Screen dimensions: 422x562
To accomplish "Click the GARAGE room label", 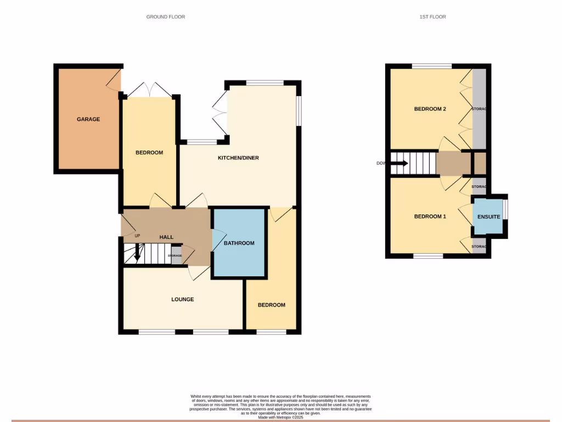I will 88,119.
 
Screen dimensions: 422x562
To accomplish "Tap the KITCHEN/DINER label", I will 238,158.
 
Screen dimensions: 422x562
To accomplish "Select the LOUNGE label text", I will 182,299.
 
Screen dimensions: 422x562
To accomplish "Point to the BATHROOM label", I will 239,243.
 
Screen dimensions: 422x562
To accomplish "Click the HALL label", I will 166,237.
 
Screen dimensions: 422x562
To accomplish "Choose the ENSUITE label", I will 488,217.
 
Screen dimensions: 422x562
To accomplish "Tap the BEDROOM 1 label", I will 430,216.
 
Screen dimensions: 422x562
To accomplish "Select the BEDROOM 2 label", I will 430,109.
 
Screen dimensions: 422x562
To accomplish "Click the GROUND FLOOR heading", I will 165,17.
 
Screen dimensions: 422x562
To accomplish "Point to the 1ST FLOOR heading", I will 432,17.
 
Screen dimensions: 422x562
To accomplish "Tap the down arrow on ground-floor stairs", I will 137,254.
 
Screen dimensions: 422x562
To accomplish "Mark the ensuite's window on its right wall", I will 506,209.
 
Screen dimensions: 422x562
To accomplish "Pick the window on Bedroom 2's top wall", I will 432,66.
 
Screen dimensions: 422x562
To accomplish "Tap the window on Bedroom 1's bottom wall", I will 428,256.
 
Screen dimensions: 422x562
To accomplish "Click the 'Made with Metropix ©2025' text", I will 281,418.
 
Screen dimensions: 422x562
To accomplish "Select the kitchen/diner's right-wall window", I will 299,111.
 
